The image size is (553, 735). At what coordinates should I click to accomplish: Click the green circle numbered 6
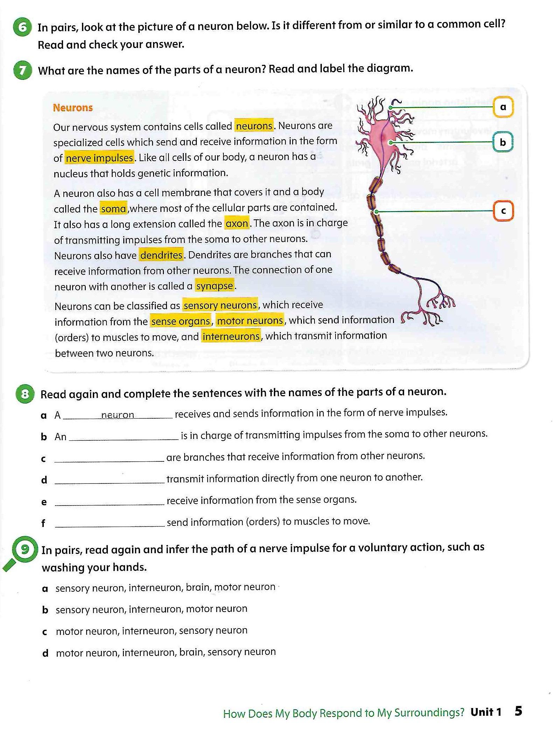tap(22, 27)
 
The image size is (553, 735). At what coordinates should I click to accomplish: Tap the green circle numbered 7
tap(22, 70)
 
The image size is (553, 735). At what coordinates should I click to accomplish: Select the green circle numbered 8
tap(25, 394)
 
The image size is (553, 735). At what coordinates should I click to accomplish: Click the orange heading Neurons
tap(73, 108)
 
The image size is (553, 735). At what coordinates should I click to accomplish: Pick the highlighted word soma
tap(113, 209)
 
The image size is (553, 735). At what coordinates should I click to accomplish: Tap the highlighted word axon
tap(237, 224)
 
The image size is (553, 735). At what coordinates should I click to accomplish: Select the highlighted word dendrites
tap(161, 255)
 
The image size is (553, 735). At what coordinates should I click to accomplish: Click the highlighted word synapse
tap(214, 286)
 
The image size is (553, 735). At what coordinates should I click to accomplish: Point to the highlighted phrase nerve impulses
tap(99, 158)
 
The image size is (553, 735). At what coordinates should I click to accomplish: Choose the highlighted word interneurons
tap(231, 337)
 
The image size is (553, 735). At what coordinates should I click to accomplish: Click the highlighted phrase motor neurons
tap(250, 321)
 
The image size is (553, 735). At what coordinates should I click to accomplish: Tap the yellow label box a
tap(503, 107)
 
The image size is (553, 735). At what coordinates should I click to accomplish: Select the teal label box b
tap(503, 142)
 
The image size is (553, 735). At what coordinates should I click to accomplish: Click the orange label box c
tap(503, 211)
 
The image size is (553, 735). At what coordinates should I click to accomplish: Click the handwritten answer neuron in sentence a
tap(117, 415)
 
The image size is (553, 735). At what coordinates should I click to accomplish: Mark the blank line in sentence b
tap(124, 437)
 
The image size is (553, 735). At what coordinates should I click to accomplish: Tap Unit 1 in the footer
tap(486, 712)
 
